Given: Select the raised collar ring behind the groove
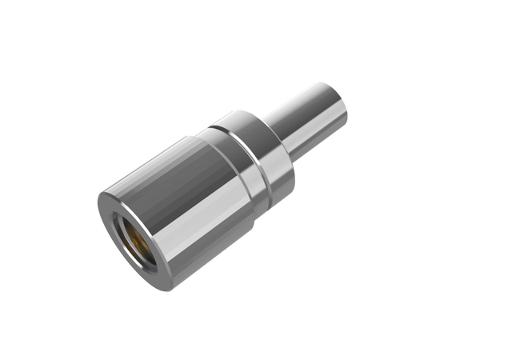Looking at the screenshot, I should coord(264,152).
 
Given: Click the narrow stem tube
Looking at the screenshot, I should coord(308,120).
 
